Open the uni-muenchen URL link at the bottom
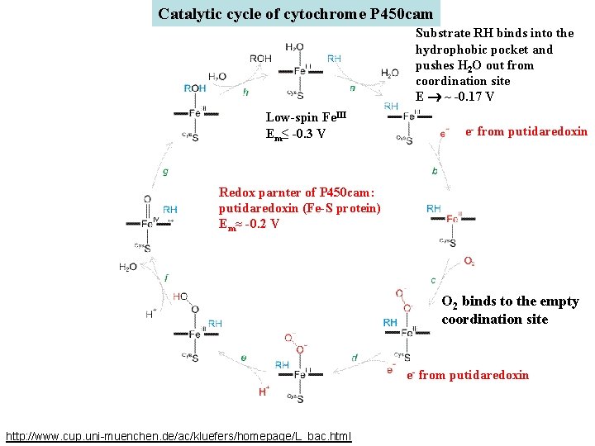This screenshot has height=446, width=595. click(178, 435)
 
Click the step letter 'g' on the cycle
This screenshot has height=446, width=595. click(165, 173)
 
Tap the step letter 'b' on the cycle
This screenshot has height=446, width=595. click(435, 172)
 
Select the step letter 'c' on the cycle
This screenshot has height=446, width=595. click(433, 281)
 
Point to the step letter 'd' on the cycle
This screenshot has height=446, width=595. click(354, 357)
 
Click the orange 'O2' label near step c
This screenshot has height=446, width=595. click(469, 261)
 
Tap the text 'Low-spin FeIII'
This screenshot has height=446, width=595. click(303, 117)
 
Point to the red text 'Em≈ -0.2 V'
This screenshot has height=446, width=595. click(249, 224)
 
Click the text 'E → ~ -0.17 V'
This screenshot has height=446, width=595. click(455, 97)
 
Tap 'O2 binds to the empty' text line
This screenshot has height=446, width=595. click(510, 301)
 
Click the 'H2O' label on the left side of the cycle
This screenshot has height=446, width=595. click(128, 267)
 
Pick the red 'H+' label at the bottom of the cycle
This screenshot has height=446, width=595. click(264, 391)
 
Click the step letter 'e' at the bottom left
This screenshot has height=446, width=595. click(243, 357)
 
